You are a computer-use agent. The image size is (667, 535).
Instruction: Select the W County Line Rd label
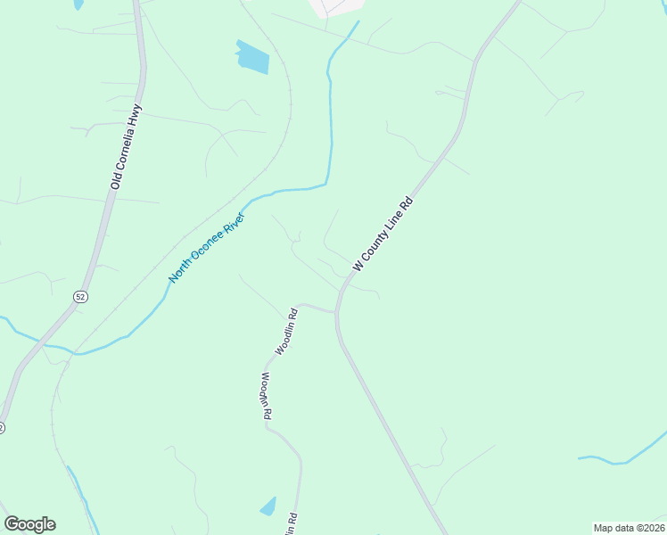tap(385, 234)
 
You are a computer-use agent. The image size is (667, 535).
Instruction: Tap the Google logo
tap(29, 524)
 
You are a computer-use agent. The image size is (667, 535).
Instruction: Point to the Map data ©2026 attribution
tap(629, 528)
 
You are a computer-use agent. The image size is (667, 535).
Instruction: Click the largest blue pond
tap(252, 58)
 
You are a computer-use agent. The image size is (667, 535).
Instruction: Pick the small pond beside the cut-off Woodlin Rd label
tap(268, 506)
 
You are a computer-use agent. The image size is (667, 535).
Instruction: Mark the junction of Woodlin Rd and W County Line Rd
tap(336, 311)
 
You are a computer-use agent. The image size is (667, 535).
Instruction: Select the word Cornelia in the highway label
tap(126, 149)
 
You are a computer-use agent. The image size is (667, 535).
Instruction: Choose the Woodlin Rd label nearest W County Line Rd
tap(286, 333)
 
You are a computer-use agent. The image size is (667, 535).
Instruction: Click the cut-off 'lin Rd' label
tap(291, 524)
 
